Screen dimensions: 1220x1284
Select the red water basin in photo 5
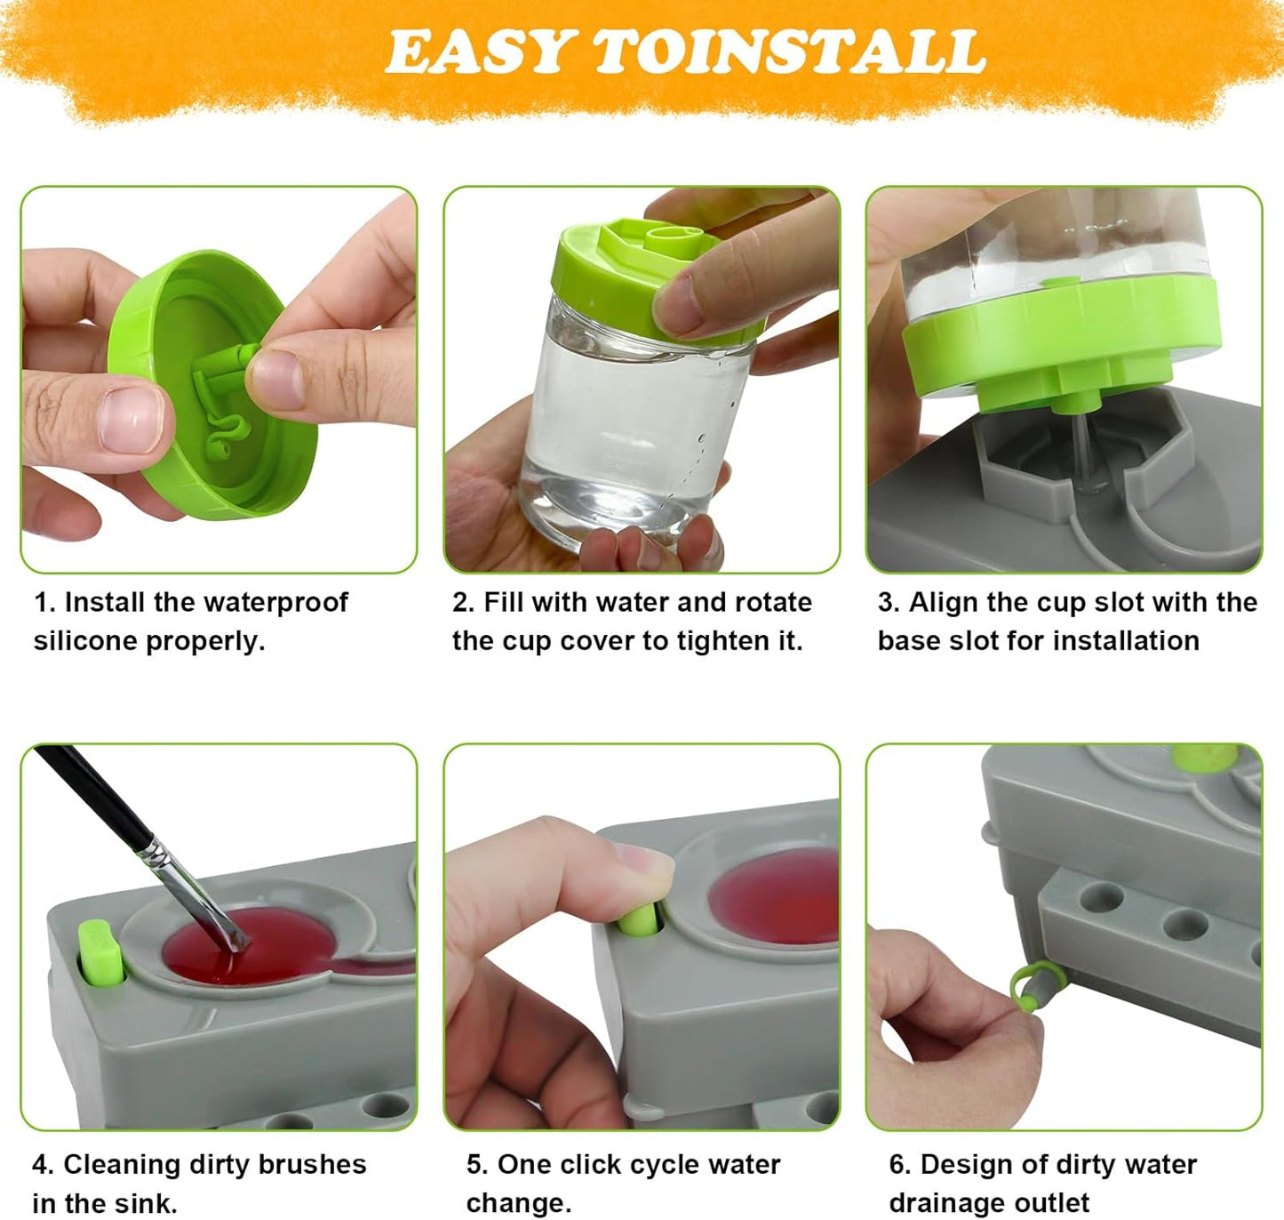(778, 894)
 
